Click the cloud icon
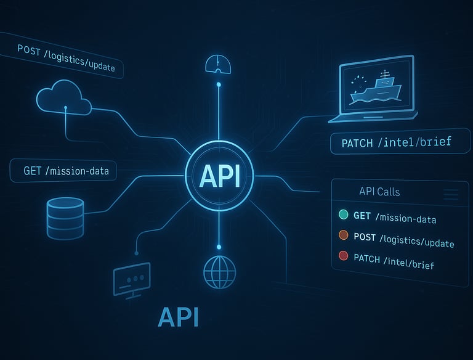(63, 99)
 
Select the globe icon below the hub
(219, 272)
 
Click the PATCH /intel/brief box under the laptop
(396, 143)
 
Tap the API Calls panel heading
(379, 192)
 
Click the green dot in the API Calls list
(344, 215)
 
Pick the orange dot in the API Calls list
(344, 235)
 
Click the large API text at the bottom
(178, 316)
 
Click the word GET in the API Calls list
(363, 216)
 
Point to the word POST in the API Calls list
(365, 237)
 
